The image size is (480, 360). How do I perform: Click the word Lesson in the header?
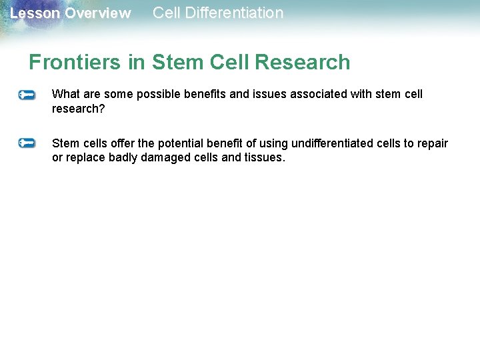[x=35, y=14]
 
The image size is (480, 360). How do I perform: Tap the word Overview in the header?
[x=98, y=14]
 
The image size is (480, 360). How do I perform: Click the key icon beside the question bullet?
[x=27, y=95]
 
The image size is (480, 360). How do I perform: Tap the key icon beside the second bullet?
[x=27, y=143]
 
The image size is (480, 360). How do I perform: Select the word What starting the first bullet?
[x=65, y=95]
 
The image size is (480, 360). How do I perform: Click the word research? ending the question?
[x=78, y=108]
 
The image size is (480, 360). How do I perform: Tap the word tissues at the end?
[x=265, y=158]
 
